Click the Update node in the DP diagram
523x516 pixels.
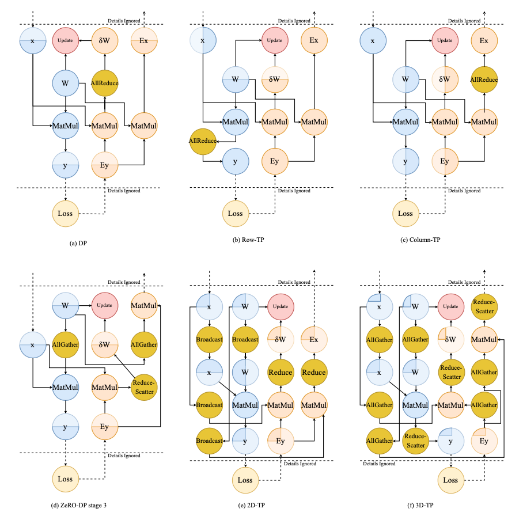(x=66, y=40)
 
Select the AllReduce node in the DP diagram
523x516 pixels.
(x=105, y=82)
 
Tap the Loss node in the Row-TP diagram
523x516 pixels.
(x=236, y=213)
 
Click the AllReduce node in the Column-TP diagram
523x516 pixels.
(x=484, y=79)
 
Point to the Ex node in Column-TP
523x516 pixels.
(x=484, y=41)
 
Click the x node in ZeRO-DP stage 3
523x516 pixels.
(x=33, y=345)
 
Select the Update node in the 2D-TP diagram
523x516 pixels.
(x=281, y=305)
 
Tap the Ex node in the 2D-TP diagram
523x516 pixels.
(x=314, y=339)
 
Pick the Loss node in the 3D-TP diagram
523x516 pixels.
(x=451, y=480)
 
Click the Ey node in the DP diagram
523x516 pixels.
(x=105, y=165)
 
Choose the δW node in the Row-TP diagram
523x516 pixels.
(x=274, y=78)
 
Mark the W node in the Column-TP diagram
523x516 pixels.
(x=406, y=79)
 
